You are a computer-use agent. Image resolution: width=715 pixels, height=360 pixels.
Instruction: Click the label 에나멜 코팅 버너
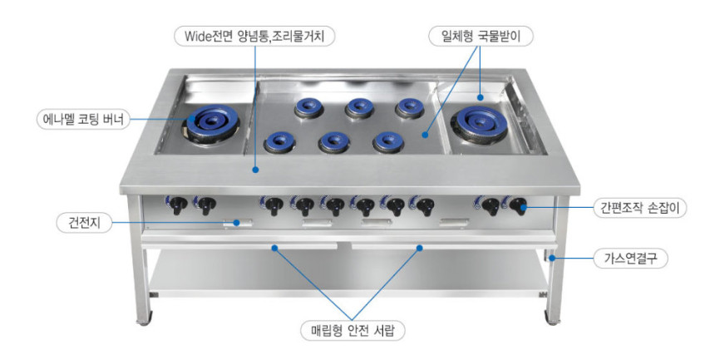[x=83, y=120]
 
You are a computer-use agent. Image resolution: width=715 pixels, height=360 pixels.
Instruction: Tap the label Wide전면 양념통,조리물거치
[x=254, y=36]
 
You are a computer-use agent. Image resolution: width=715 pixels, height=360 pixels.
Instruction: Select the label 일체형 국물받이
[x=481, y=36]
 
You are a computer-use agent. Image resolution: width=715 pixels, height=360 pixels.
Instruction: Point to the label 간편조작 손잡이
[x=640, y=208]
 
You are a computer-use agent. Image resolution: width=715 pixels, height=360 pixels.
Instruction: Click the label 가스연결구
[x=631, y=259]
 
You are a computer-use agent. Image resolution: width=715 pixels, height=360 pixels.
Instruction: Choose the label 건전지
[x=84, y=223]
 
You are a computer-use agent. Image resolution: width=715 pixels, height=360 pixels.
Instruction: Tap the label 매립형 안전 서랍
[x=353, y=330]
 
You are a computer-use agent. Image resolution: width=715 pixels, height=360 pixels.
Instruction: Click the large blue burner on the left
[x=211, y=121]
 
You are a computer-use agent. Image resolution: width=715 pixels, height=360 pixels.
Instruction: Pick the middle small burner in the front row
[x=334, y=142]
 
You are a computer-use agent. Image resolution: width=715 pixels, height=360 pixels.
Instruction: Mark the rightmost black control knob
[x=519, y=205]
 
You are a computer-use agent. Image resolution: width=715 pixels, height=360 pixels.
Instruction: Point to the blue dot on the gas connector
[x=552, y=259]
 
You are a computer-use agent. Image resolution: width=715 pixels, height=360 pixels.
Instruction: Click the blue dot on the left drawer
[x=274, y=248]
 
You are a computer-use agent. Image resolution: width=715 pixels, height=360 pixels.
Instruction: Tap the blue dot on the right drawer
[x=420, y=248]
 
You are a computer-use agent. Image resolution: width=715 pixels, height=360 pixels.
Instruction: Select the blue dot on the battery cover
[x=236, y=223]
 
